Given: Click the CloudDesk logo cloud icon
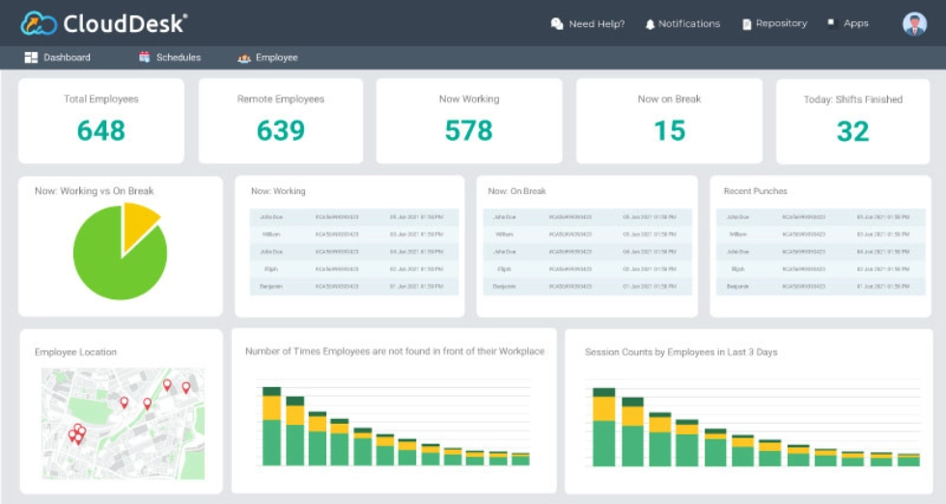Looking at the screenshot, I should pos(39,22).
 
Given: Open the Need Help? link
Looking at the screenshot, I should pos(588,24).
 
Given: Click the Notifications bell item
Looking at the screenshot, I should pos(682,24).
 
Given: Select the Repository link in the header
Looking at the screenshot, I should pos(774,24).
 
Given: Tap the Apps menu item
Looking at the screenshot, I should pos(849,24).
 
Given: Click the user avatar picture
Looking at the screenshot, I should pos(914,24).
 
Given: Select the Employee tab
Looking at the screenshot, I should pos(268,58).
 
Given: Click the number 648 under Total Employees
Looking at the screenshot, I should pos(101,130).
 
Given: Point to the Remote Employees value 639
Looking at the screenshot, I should pos(281,130).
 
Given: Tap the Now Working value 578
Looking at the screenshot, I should pos(469,130).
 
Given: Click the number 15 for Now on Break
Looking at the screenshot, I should pos(669,130).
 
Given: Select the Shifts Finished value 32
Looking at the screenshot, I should pos(852,130).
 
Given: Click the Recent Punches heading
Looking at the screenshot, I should pos(755,191).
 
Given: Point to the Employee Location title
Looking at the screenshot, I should pos(75,352).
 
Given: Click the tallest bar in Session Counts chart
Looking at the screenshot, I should pos(604,430).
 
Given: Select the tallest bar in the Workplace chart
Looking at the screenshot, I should pos(272,430).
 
